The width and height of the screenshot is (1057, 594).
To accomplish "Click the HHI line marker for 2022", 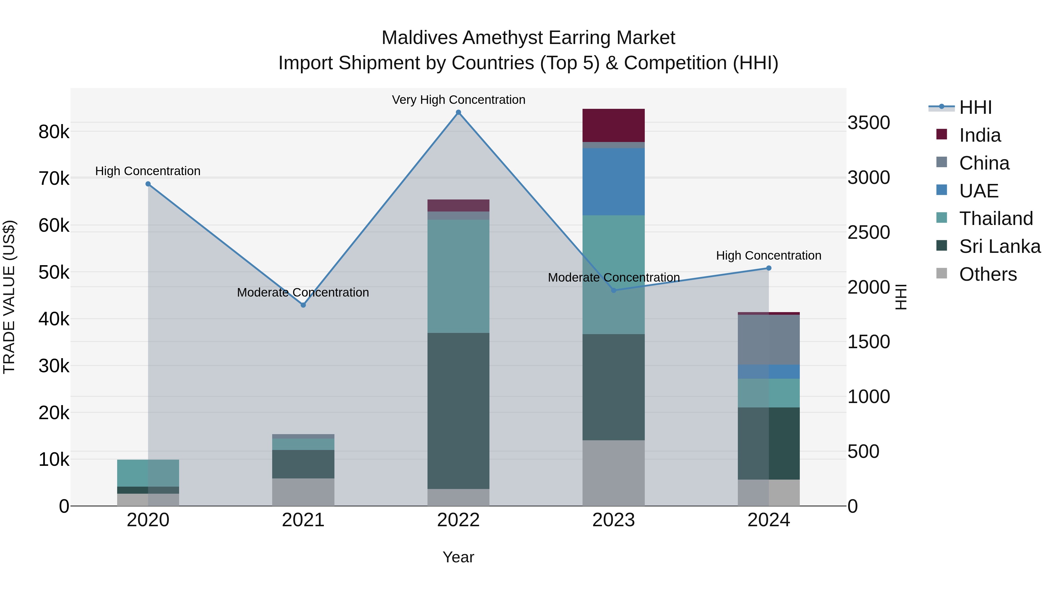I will pos(458,112).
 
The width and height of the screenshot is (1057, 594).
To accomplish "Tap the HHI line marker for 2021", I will pos(303,305).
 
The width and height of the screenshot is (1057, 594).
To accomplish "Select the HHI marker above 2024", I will pos(769,268).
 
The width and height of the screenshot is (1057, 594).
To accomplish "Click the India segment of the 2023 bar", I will pos(613,126).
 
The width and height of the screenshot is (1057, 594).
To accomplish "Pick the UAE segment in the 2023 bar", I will pos(613,182).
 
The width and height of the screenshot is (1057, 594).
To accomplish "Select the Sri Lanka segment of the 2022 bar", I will pos(458,410).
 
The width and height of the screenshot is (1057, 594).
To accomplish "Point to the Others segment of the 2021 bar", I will pos(303,492).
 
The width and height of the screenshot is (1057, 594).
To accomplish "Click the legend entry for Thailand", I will pos(995,219).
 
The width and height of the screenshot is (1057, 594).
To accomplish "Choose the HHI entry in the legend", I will pos(975,107).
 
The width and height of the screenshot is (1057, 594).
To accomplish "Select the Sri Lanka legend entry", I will pos(999,246).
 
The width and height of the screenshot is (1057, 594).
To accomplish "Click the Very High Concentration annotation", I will pos(458,100).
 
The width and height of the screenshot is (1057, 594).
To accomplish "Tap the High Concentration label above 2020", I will pos(148,171).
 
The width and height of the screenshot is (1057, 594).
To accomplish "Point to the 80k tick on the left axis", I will pos(54,132).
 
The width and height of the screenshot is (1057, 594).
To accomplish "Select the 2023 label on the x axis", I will pos(613,520).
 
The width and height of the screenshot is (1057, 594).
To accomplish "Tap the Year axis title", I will pos(458,557).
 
